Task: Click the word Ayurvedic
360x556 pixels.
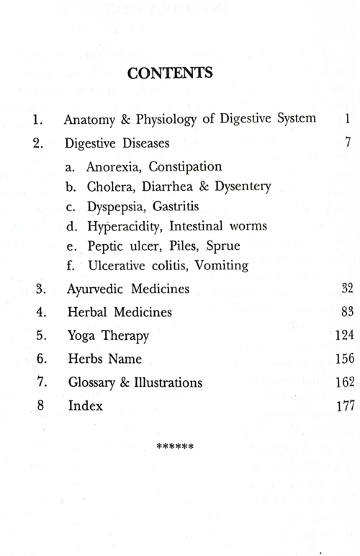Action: pyautogui.click(x=96, y=290)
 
